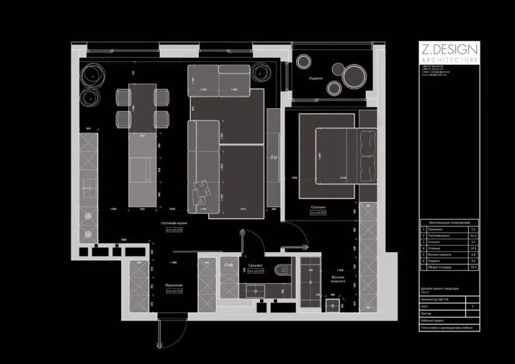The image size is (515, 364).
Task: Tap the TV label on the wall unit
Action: pos(273,158)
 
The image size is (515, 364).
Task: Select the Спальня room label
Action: pos(318,207)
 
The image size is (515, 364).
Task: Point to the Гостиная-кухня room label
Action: pos(174,224)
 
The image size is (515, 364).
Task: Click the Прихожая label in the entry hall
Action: pos(174,286)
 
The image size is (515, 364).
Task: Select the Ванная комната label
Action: pos(337,279)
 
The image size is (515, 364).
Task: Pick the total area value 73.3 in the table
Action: pos(473,267)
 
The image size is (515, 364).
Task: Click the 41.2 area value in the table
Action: pos(473,234)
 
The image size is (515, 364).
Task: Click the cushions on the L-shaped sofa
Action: pos(202,188)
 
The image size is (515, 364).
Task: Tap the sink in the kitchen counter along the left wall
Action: pos(88,189)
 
